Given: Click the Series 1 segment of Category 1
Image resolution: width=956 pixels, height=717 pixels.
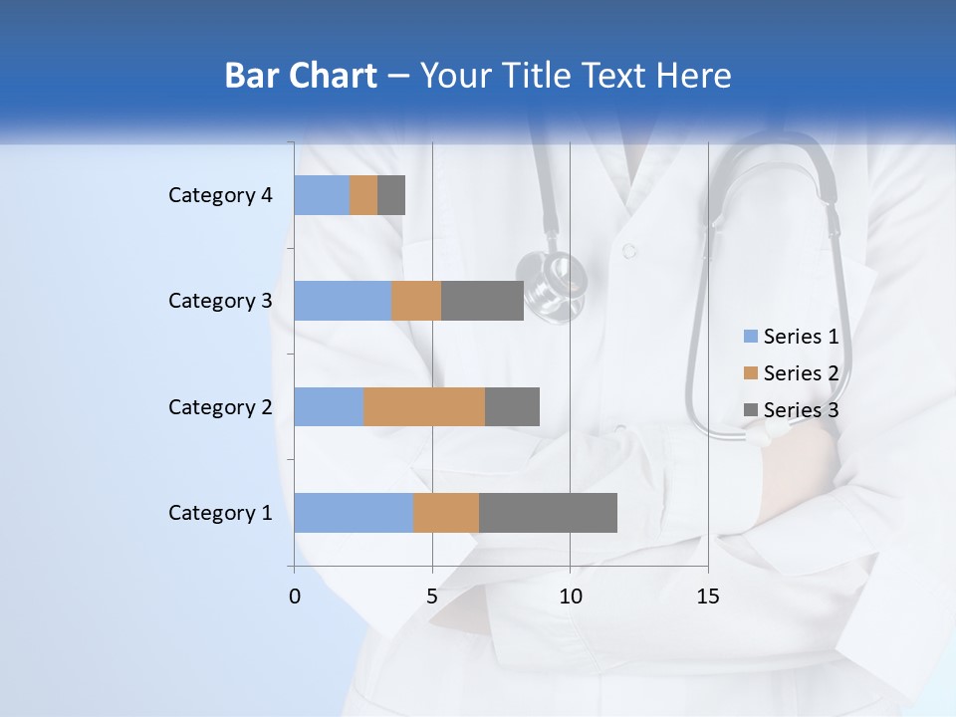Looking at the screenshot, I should tap(354, 513).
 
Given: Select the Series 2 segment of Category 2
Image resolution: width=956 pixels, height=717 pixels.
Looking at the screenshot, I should tap(424, 406).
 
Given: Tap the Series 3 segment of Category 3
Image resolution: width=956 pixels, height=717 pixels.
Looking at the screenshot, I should tap(482, 301).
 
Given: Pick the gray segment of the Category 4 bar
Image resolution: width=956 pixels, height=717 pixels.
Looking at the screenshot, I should tap(391, 195).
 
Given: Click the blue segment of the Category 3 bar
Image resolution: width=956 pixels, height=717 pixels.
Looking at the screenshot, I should tap(343, 301).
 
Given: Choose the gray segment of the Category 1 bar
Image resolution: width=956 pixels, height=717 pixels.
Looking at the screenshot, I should tap(548, 513).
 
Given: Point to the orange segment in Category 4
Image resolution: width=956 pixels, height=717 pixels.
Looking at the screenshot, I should tap(363, 195).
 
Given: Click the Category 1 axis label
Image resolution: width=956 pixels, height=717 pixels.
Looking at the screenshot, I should tap(219, 513).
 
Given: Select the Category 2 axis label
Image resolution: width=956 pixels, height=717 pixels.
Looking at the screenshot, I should tap(219, 406).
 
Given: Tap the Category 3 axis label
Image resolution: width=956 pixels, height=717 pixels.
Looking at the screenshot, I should tap(219, 301).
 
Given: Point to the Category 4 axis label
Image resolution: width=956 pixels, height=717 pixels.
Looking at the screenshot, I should tap(219, 195).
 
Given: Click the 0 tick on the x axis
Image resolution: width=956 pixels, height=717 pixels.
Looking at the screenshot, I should tap(295, 597).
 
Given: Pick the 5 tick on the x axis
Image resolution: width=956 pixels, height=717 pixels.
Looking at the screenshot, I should tap(432, 597).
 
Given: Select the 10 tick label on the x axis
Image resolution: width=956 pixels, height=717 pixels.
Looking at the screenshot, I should tap(570, 597).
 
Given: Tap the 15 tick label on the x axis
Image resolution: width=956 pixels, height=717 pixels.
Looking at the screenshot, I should tap(708, 597).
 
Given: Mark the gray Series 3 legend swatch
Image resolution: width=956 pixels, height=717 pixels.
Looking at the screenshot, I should tap(751, 410).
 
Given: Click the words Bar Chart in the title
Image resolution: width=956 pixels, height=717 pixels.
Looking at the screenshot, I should tap(301, 76).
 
